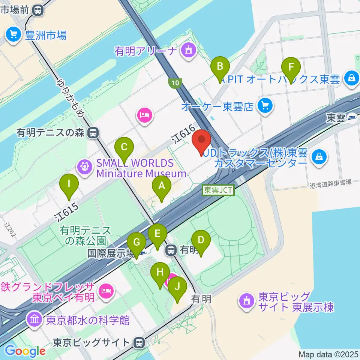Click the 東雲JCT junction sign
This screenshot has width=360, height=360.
tap(218, 190)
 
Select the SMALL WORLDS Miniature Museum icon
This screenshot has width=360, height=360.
tap(85, 167)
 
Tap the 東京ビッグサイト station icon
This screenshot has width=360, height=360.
tap(139, 342)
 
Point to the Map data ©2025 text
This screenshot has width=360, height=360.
tap(329, 354)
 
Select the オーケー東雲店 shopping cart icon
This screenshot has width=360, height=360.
tap(265, 106)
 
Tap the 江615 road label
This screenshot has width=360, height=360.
tap(66, 212)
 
